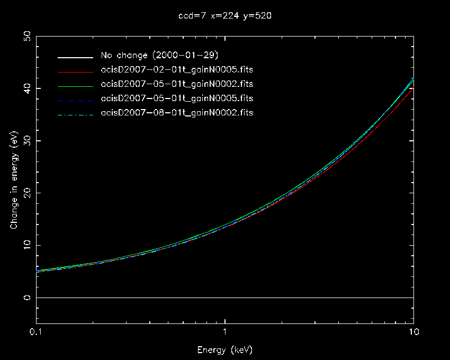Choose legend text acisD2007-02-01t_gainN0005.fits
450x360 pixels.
177,70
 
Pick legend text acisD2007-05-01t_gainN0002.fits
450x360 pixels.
177,84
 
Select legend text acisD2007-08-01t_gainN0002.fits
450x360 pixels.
177,113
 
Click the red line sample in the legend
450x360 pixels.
76,70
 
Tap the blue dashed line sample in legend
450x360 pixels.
76,99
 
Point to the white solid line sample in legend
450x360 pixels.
76,56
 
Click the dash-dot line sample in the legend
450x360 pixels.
76,113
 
